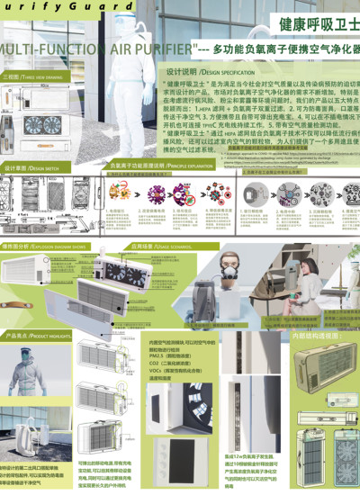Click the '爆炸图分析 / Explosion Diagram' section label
(36, 245)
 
